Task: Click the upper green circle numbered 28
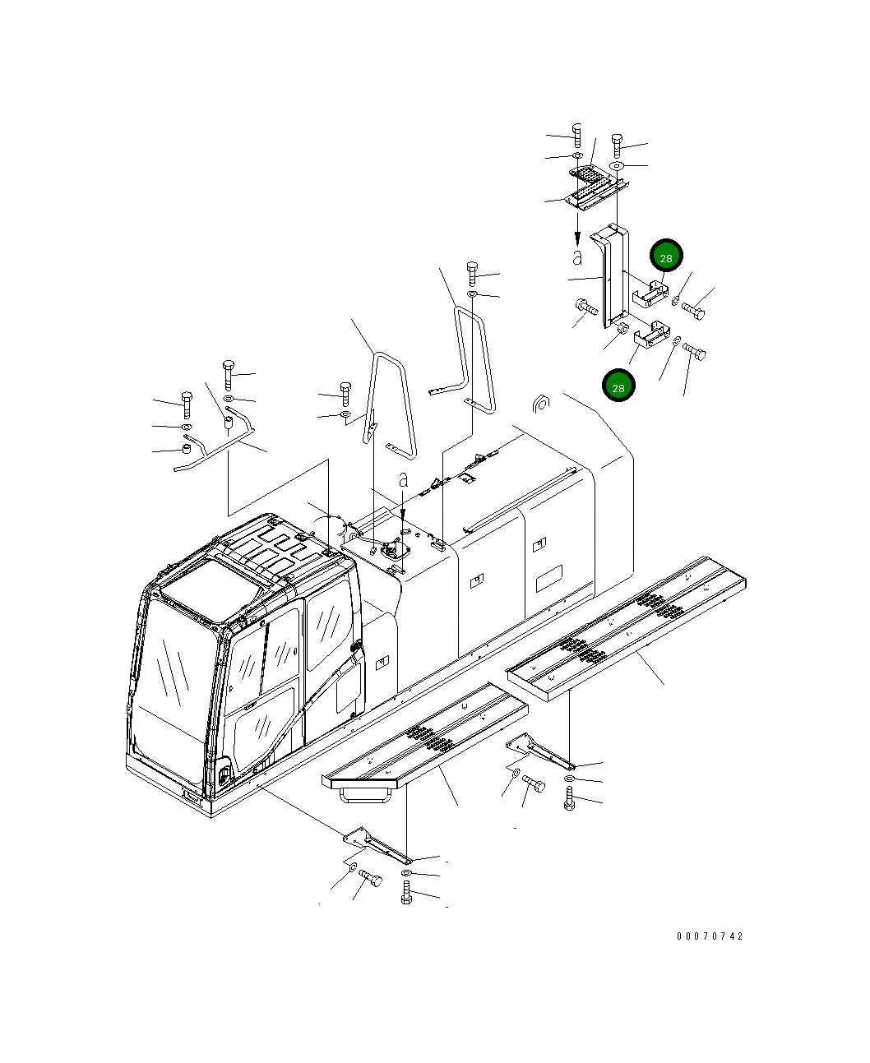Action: click(x=666, y=257)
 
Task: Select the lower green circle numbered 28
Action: click(x=618, y=386)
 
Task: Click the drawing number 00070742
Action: click(x=710, y=936)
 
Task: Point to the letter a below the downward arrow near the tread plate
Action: click(x=577, y=257)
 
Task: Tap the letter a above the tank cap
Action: click(x=403, y=481)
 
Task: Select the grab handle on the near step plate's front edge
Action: click(x=363, y=793)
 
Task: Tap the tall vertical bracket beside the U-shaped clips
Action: click(x=610, y=275)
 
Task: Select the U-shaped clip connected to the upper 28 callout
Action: click(x=649, y=292)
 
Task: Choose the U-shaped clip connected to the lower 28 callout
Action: click(x=650, y=334)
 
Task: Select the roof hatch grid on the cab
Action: click(x=271, y=549)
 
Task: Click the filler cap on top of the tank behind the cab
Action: click(x=394, y=550)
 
